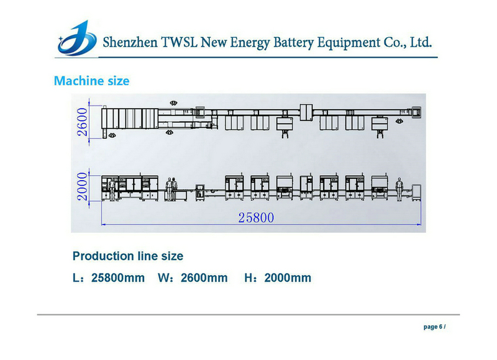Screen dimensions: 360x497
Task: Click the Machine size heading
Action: [91, 81]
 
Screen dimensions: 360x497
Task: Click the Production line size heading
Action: [128, 256]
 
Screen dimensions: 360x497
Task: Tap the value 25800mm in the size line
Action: [117, 277]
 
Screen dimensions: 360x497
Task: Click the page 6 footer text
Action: [434, 326]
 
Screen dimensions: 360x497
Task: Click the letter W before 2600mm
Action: [163, 277]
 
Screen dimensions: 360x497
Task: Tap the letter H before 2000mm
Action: [249, 277]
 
